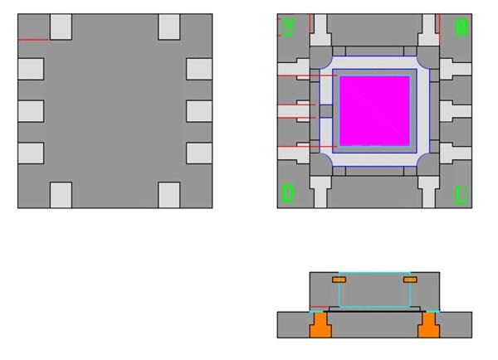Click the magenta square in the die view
[x=374, y=110]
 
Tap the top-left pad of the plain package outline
[x=61, y=27]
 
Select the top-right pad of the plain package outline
[x=169, y=27]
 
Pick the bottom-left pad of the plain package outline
[x=61, y=195]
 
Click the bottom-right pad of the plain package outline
[x=169, y=195]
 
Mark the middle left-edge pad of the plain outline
[x=30, y=110]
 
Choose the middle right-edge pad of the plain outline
[x=199, y=110]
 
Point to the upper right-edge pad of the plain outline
[x=199, y=68]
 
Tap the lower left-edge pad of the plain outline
[x=30, y=153]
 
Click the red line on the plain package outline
[x=33, y=40]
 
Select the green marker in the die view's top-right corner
[x=461, y=27]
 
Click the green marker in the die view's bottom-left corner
[x=288, y=193]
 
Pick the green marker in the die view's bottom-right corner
[x=461, y=196]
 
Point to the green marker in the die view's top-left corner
[x=288, y=27]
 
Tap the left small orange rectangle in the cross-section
[x=339, y=280]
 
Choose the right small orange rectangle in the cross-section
[x=409, y=280]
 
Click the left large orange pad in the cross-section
[x=320, y=326]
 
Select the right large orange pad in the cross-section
[x=428, y=326]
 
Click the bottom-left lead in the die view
[x=320, y=192]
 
